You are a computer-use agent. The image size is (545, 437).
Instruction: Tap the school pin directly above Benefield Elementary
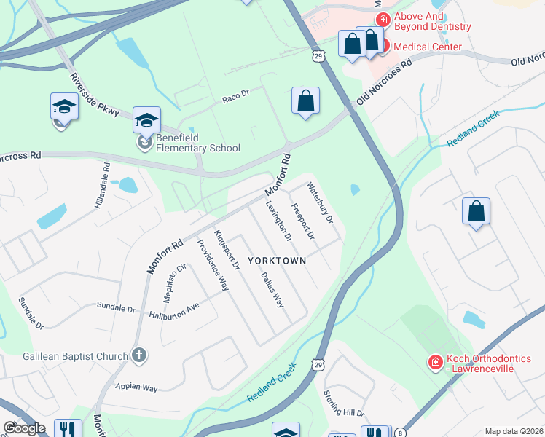point(146,120)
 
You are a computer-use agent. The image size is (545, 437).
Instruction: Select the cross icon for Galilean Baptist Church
point(138,355)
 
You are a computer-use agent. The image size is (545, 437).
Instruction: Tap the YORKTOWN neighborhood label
point(276,260)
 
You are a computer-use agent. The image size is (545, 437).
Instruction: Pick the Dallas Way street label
point(272,289)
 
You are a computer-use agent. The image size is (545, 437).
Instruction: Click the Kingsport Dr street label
point(227,251)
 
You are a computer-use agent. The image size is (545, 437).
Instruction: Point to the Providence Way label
point(213,264)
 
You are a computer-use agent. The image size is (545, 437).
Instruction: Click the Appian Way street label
point(136,388)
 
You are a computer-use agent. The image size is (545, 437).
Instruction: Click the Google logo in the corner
point(24,428)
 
